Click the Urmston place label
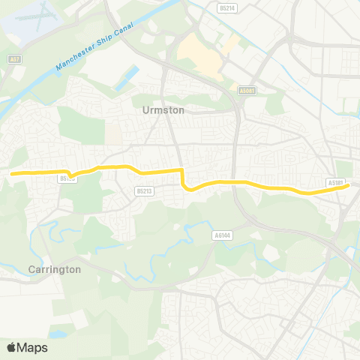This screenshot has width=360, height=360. tap(163, 109)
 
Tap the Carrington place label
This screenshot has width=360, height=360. tap(53, 269)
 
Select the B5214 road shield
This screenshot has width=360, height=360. tap(226, 7)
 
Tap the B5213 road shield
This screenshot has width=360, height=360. tap(144, 191)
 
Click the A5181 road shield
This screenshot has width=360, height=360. tap(334, 182)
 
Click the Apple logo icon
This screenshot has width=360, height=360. tap(11, 347)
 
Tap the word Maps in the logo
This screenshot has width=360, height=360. tap(32, 347)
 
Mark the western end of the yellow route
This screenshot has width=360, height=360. tap(11, 173)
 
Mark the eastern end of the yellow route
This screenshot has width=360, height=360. tap(347, 186)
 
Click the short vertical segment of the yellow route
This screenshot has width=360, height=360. tap(182, 178)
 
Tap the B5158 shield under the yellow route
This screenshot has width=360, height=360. tap(67, 178)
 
